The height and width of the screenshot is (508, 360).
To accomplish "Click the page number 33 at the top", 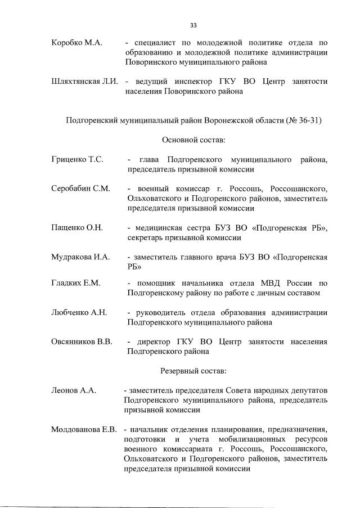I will [x=193, y=25].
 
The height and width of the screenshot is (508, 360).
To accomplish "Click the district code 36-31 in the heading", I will [x=307, y=120].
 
